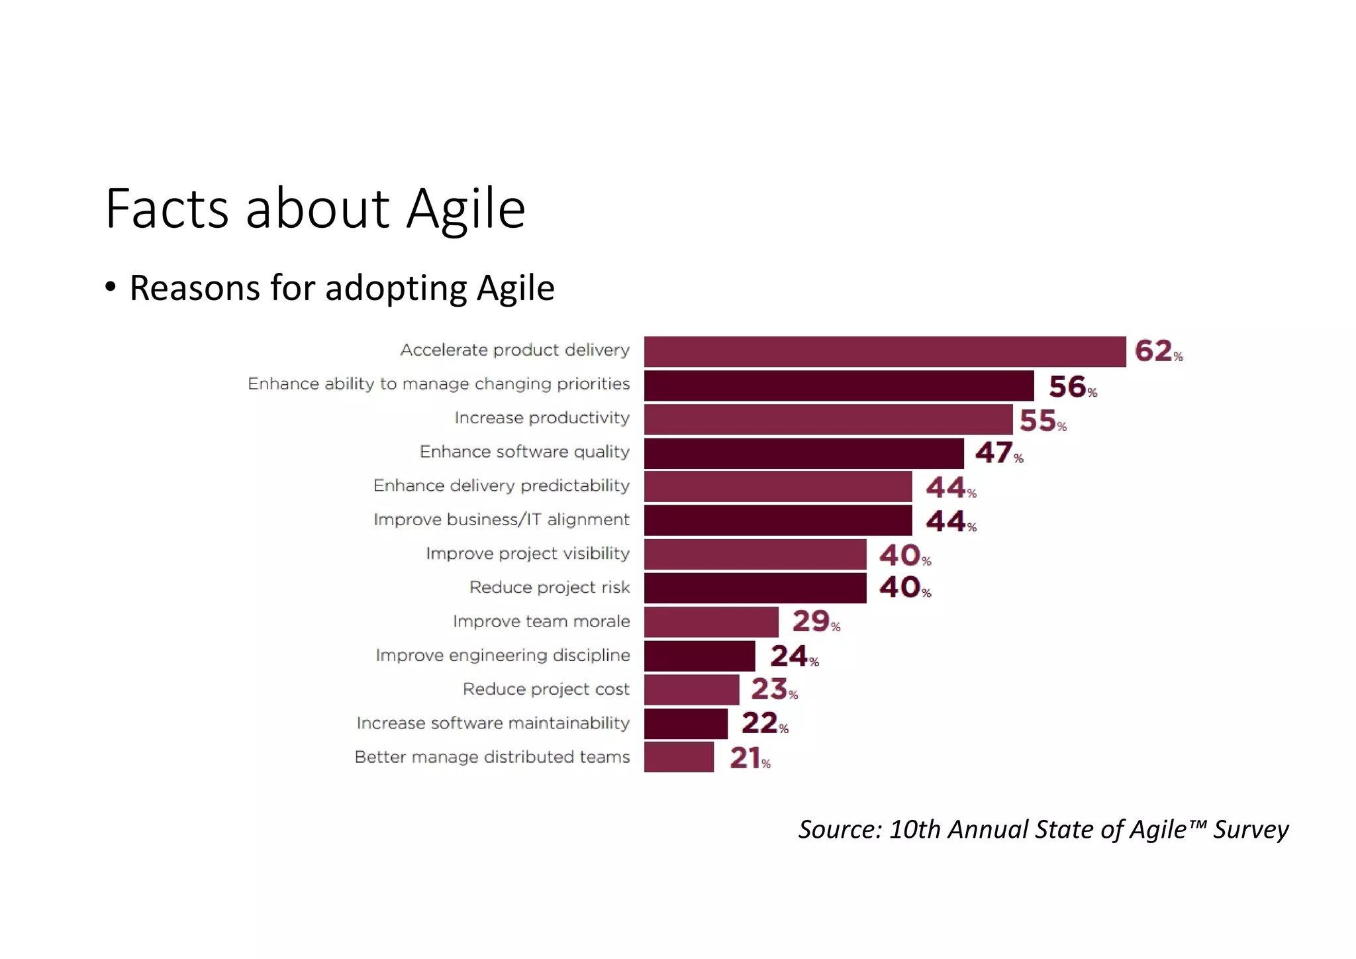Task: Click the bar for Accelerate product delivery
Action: point(885,352)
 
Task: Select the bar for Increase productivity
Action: point(828,419)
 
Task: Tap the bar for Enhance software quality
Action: point(803,454)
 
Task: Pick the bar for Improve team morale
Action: point(710,622)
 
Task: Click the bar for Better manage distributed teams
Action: point(679,757)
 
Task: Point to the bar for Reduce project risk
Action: point(755,588)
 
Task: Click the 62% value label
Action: point(1158,351)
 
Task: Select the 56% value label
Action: point(1072,387)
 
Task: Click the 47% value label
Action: point(998,453)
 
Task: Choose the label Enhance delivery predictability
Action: point(501,485)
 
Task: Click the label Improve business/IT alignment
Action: point(501,519)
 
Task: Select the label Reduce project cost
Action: point(546,689)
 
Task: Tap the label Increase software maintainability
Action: point(493,723)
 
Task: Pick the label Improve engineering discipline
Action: point(503,655)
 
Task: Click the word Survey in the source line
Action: point(1250,830)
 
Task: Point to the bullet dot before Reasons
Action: point(111,287)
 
